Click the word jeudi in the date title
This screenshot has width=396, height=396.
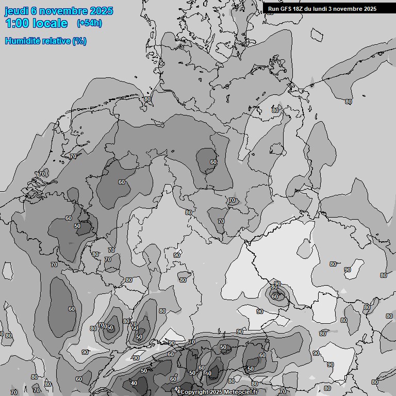pos(16,11)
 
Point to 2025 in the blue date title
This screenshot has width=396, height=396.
pos(102,11)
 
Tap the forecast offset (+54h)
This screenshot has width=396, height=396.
pos(89,23)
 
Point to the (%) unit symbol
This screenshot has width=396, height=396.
pos(79,41)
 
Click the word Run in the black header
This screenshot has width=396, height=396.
pos(274,9)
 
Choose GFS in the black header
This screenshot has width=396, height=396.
pos(288,9)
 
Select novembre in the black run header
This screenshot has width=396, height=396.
pos(351,9)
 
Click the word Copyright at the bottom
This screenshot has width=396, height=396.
pos(195,392)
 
